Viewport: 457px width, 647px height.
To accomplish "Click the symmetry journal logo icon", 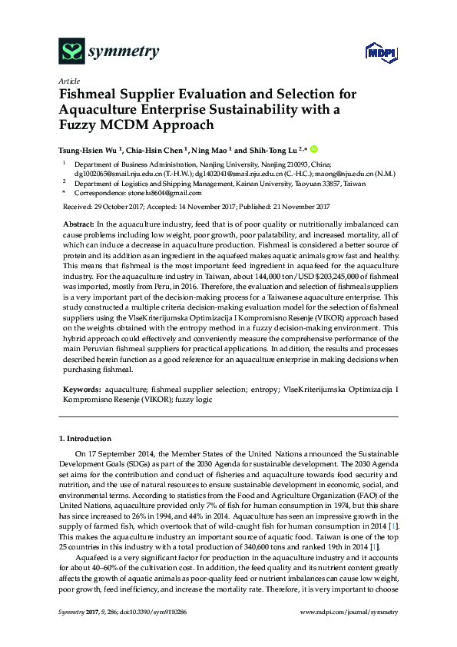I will [71, 52].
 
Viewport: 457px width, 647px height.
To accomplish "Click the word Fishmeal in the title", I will [91, 95].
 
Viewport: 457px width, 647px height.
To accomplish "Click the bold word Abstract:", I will [79, 222].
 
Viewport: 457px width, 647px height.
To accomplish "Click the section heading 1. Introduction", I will [84, 438].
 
